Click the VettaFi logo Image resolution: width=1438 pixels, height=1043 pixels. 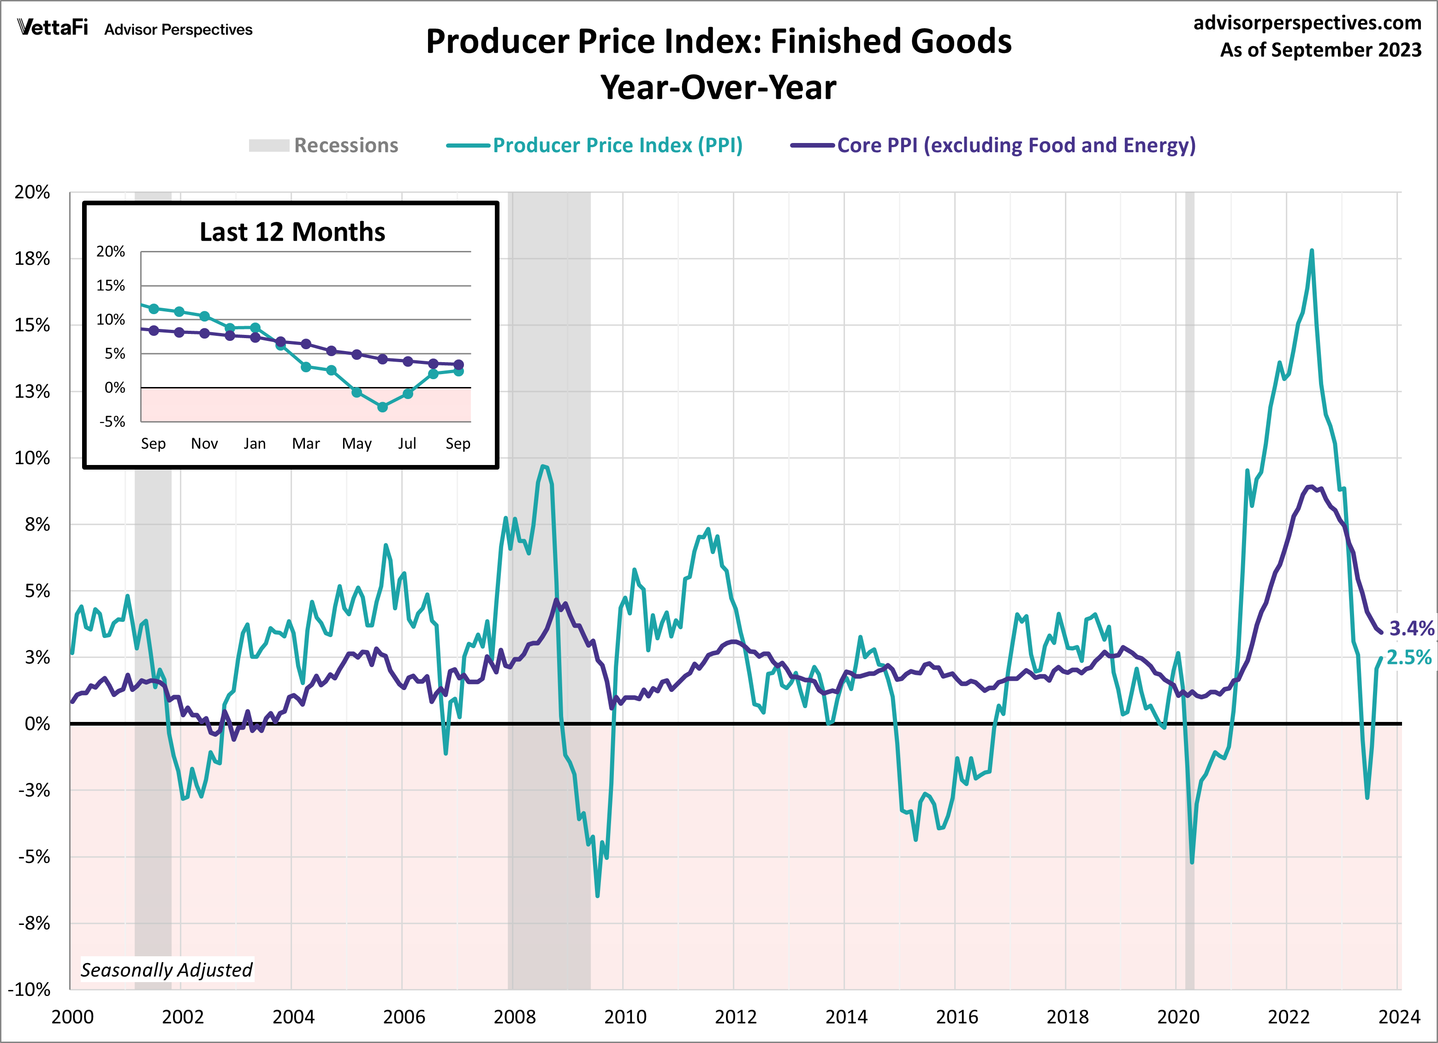(x=53, y=28)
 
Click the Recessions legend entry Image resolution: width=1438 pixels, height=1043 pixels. (x=324, y=145)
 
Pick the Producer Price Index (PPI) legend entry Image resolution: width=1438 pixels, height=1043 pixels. (x=595, y=145)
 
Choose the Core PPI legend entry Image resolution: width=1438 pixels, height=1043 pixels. (x=993, y=145)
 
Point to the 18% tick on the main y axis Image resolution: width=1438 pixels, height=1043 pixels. (x=32, y=259)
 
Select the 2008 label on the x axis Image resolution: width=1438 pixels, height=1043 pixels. (x=514, y=1017)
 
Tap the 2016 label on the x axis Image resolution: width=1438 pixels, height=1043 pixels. (x=957, y=1017)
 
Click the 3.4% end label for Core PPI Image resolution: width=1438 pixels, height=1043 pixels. (x=1411, y=628)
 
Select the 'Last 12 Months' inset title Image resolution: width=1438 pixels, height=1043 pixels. (x=292, y=232)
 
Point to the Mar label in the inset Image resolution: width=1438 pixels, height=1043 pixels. (x=306, y=444)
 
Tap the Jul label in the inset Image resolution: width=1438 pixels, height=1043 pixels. (x=407, y=444)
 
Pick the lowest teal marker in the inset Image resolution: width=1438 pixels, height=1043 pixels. (x=382, y=407)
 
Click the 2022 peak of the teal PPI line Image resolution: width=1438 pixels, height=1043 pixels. (x=1311, y=251)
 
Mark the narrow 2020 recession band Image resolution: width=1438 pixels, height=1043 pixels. (x=1189, y=590)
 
